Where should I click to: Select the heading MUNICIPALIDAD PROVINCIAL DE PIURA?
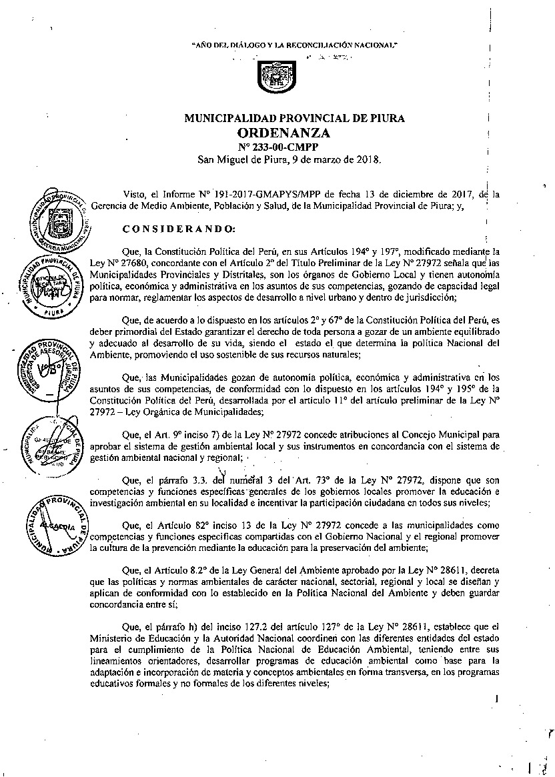click(294, 119)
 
